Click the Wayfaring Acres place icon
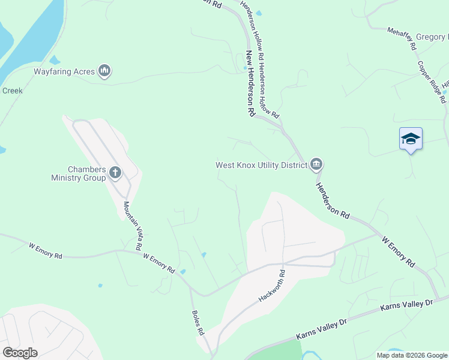pyautogui.click(x=105, y=71)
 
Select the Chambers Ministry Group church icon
pyautogui.click(x=115, y=173)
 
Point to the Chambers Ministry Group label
pyautogui.click(x=78, y=173)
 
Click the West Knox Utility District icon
pyautogui.click(x=316, y=164)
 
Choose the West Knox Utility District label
pyautogui.click(x=262, y=164)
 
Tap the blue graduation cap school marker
pyautogui.click(x=411, y=139)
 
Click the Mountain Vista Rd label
pyautogui.click(x=133, y=226)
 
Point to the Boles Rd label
pyautogui.click(x=198, y=322)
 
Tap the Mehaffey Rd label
pyautogui.click(x=402, y=37)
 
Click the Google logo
pyautogui.click(x=19, y=353)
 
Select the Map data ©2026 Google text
pyautogui.click(x=411, y=355)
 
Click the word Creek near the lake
pyautogui.click(x=13, y=91)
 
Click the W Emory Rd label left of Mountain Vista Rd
pyautogui.click(x=46, y=250)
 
